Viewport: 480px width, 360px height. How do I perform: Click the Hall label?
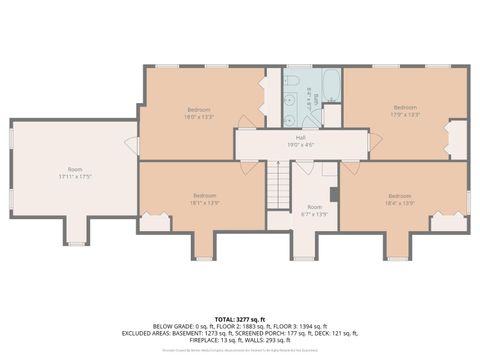coord(300,140)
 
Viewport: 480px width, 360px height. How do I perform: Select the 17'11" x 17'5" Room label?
coord(74,173)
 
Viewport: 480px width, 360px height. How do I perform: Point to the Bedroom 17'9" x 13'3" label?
coord(404,110)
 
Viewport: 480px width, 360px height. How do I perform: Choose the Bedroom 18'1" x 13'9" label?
coord(204,198)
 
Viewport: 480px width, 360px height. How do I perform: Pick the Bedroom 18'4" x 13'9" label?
coord(399,198)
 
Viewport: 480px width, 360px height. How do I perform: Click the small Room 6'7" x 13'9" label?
coord(314,211)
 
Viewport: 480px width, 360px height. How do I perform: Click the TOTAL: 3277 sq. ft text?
coord(239,317)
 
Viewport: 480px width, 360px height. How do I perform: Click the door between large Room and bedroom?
coord(134,146)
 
